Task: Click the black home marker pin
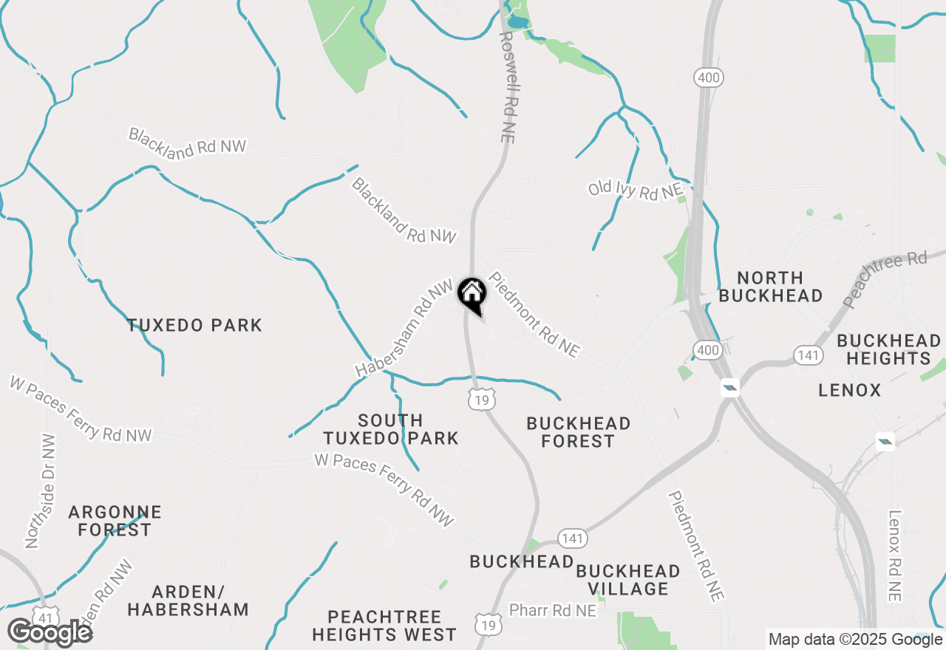pyautogui.click(x=472, y=294)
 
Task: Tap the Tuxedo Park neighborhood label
pyautogui.click(x=194, y=325)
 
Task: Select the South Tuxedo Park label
pyautogui.click(x=391, y=429)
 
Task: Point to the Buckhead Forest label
pyautogui.click(x=578, y=432)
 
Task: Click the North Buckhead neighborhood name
pyautogui.click(x=770, y=287)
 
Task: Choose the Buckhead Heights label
pyautogui.click(x=888, y=349)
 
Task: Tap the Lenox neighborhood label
pyautogui.click(x=850, y=390)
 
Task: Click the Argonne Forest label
pyautogui.click(x=115, y=521)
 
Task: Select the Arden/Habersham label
pyautogui.click(x=188, y=601)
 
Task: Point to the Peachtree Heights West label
pyautogui.click(x=384, y=626)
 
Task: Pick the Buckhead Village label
pyautogui.click(x=627, y=580)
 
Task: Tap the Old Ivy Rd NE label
pyautogui.click(x=635, y=189)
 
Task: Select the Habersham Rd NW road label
pyautogui.click(x=404, y=328)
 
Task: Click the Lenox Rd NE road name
pyautogui.click(x=896, y=555)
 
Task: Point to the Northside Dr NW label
pyautogui.click(x=41, y=490)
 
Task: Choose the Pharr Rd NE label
pyautogui.click(x=552, y=611)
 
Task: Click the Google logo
pyautogui.click(x=50, y=633)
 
